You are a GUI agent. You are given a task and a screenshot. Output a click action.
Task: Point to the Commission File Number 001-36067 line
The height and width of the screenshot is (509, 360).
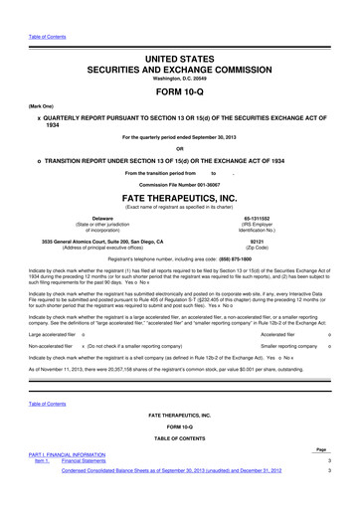tap(180, 186)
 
